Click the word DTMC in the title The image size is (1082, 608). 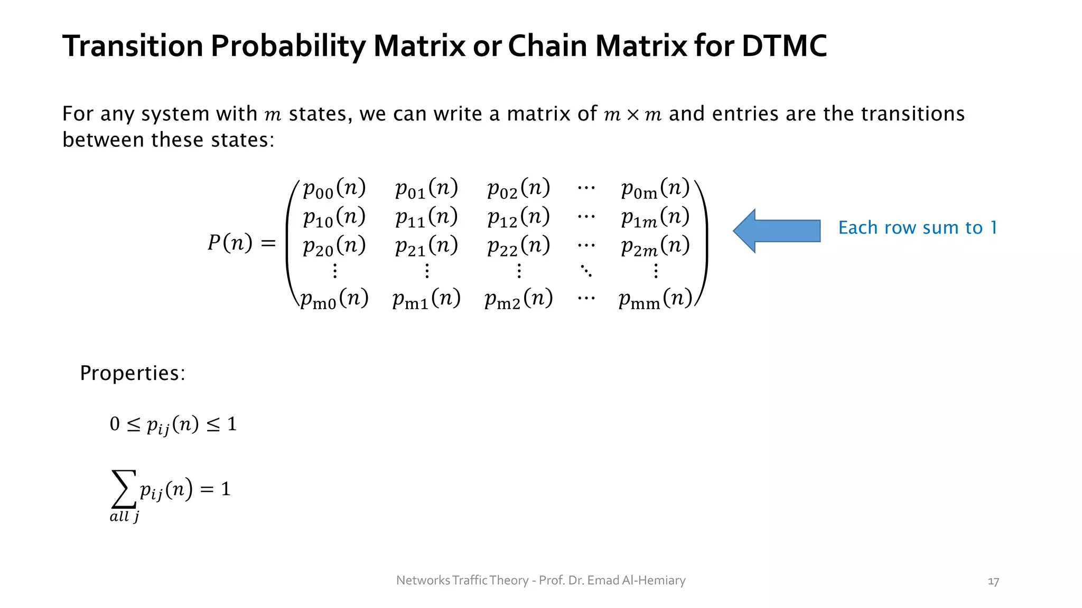pyautogui.click(x=784, y=46)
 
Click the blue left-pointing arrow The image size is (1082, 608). pyautogui.click(x=776, y=231)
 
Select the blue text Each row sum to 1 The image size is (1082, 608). pyautogui.click(x=918, y=227)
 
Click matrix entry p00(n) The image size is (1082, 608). pyautogui.click(x=334, y=188)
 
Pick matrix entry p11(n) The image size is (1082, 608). pyautogui.click(x=426, y=217)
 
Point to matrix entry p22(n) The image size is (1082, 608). pyautogui.click(x=518, y=246)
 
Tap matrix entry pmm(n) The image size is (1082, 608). pyautogui.click(x=655, y=299)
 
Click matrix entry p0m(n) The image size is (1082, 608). pyautogui.click(x=655, y=188)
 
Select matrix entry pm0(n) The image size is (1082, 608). pyautogui.click(x=334, y=299)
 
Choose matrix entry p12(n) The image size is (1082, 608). pyautogui.click(x=518, y=217)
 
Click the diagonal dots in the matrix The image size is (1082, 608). pyautogui.click(x=586, y=271)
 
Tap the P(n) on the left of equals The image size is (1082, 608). pyautogui.click(x=230, y=243)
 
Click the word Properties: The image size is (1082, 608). pyautogui.click(x=133, y=373)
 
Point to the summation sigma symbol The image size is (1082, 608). pyautogui.click(x=124, y=489)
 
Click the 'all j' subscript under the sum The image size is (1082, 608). pyautogui.click(x=124, y=517)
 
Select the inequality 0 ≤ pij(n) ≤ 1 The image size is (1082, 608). pyautogui.click(x=173, y=424)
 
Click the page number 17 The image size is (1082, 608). pyautogui.click(x=993, y=582)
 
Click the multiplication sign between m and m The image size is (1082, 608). pyautogui.click(x=632, y=115)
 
